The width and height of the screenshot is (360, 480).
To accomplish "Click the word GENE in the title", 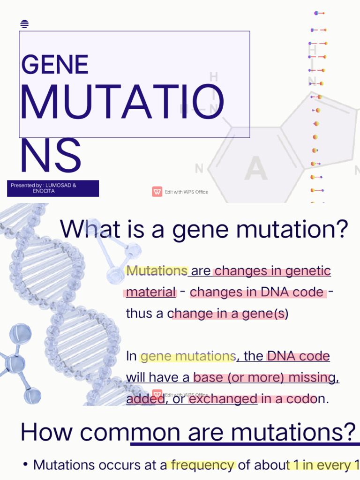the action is pos(55,64).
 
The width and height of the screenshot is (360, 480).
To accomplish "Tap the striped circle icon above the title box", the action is pos(24,24).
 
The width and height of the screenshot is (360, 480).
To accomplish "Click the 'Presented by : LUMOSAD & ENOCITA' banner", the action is pos(53,188).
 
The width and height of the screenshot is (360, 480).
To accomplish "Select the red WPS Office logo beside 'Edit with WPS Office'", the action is pos(157,192).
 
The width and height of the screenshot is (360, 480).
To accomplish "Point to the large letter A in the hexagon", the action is pos(256,168).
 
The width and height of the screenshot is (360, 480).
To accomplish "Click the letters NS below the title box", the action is pos(51,155).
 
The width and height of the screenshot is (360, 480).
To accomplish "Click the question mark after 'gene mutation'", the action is pos(342,229).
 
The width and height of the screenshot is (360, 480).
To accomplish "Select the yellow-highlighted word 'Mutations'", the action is pos(157,270).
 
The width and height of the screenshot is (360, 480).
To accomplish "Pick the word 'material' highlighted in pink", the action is pos(151,292).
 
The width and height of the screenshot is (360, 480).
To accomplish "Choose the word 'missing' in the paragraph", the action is pos(314,378).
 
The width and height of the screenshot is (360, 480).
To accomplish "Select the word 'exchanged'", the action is pos(223,399).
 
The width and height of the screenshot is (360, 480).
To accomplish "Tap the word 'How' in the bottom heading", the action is pos(46,432).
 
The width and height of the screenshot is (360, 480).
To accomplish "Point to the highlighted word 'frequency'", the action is pos(203,465).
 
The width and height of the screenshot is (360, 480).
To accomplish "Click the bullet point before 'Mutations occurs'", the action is pos(25,465).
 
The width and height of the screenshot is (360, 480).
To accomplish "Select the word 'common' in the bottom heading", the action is pos(130,432).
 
